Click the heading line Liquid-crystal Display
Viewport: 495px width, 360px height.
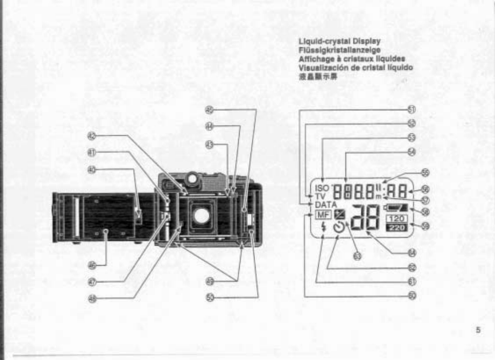(x=339, y=41)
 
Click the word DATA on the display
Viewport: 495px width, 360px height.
(x=325, y=204)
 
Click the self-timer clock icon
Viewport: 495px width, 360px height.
(x=339, y=228)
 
